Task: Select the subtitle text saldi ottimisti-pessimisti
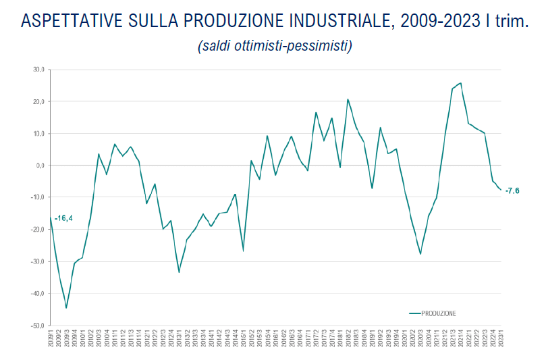point(275,46)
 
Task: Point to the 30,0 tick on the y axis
point(38,70)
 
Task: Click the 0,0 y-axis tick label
point(39,165)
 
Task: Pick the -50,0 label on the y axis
point(37,326)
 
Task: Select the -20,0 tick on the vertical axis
point(37,230)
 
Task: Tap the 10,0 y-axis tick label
point(38,134)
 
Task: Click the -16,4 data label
point(64,218)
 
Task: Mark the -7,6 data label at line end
point(512,190)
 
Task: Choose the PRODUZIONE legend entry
point(439,313)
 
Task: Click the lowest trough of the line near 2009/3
point(66,308)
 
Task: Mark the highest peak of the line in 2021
point(460,83)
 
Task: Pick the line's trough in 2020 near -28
point(420,254)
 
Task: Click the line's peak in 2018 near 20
point(348,99)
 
